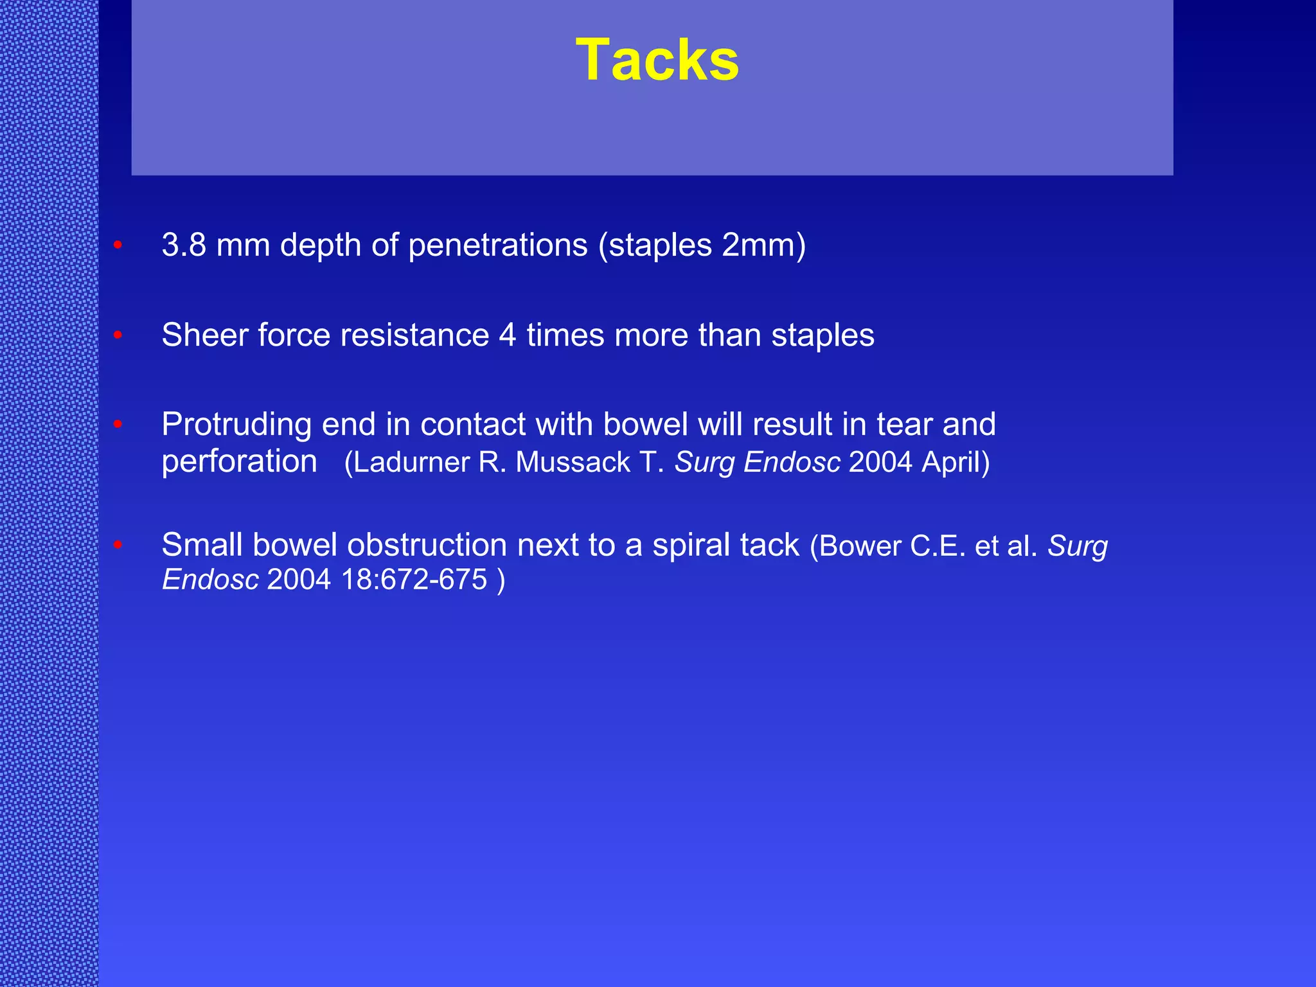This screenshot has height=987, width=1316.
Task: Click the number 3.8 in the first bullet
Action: point(184,245)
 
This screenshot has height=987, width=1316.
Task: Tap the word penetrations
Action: point(497,245)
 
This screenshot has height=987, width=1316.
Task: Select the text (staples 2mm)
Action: point(702,245)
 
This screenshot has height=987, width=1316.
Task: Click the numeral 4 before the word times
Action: point(507,335)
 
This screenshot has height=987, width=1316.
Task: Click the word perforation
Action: point(239,462)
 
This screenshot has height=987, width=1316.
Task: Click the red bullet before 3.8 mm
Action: point(118,245)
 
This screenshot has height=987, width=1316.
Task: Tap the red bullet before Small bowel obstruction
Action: point(118,545)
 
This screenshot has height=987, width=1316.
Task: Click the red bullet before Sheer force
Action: point(118,335)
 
